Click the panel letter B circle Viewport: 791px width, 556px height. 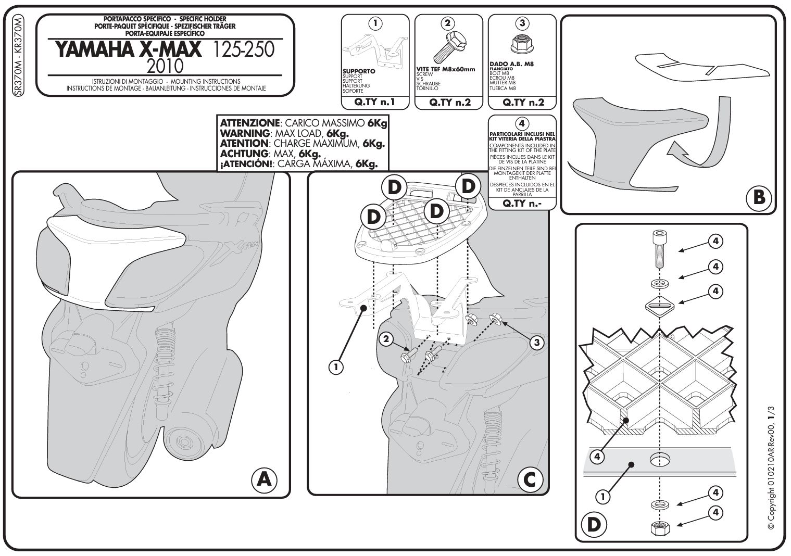[758, 197]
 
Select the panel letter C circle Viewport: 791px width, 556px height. [529, 479]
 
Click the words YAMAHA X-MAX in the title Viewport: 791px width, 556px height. [128, 49]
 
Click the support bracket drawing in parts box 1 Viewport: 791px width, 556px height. [375, 49]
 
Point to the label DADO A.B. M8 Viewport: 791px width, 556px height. [512, 65]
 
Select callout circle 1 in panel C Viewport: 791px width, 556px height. [336, 367]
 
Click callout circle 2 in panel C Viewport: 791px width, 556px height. [385, 339]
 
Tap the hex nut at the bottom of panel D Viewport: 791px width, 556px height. [659, 528]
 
